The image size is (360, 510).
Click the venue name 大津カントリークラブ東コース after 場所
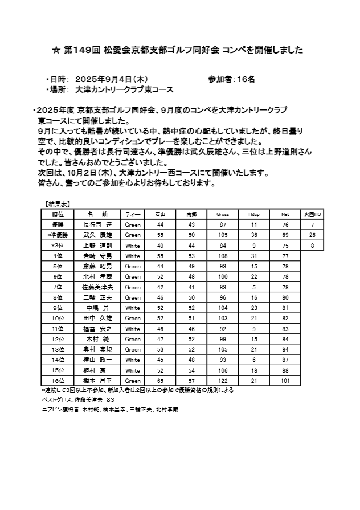click(124, 90)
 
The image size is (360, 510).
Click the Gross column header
click(223, 214)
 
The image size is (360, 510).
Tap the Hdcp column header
click(254, 214)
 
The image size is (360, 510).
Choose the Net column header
click(285, 214)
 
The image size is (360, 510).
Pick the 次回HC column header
click(312, 214)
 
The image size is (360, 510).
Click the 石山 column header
click(160, 214)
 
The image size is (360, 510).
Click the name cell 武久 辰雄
click(98, 235)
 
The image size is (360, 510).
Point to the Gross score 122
click(223, 380)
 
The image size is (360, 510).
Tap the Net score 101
click(285, 380)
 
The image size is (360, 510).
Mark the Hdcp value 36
click(254, 235)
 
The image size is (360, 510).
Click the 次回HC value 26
click(312, 235)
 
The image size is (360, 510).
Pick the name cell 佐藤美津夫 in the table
click(98, 287)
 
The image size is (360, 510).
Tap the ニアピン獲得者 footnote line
click(110, 410)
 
